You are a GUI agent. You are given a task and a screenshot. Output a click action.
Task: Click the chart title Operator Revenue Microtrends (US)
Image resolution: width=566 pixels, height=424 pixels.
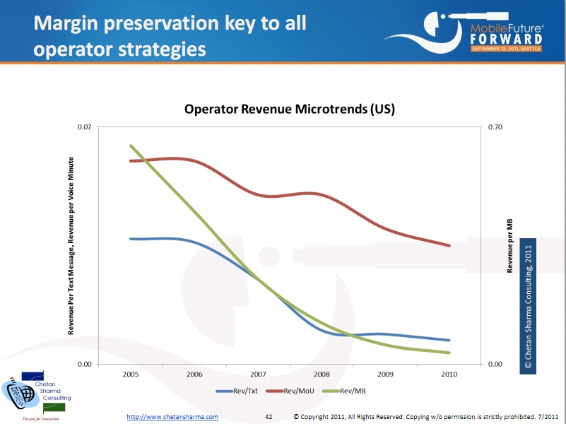point(289,110)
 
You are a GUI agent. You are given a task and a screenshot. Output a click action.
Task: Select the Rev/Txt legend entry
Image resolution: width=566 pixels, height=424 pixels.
point(242,391)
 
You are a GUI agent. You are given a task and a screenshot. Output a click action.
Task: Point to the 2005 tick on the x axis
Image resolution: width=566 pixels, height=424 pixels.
point(131,374)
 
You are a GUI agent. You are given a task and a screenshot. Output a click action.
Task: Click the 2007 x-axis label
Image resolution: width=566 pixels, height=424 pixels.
point(259,374)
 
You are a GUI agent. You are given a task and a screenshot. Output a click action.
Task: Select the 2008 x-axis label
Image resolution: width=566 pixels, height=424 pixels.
point(322,374)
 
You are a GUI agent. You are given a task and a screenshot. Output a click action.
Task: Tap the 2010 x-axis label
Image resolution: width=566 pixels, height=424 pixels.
point(449,374)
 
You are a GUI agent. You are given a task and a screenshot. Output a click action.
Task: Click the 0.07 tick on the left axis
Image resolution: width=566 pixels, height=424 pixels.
point(85,127)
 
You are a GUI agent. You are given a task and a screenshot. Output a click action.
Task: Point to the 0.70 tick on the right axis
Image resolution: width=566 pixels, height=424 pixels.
point(495,127)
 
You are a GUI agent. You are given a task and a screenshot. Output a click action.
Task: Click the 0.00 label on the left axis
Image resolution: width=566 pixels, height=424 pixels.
point(85,364)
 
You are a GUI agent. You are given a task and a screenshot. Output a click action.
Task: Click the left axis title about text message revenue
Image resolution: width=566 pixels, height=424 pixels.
point(71,245)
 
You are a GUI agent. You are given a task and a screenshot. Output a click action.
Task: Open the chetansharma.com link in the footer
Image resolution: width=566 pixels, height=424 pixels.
point(172,417)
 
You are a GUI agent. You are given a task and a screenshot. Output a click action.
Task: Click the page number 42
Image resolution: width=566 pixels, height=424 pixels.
point(269,417)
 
